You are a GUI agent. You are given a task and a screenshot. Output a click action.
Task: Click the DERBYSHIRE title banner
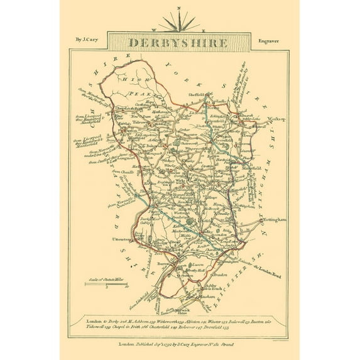coord(179,43)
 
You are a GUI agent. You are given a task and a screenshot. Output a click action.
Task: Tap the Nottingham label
coord(274,220)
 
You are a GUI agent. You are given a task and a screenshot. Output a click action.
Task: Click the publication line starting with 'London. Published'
coord(179,344)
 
